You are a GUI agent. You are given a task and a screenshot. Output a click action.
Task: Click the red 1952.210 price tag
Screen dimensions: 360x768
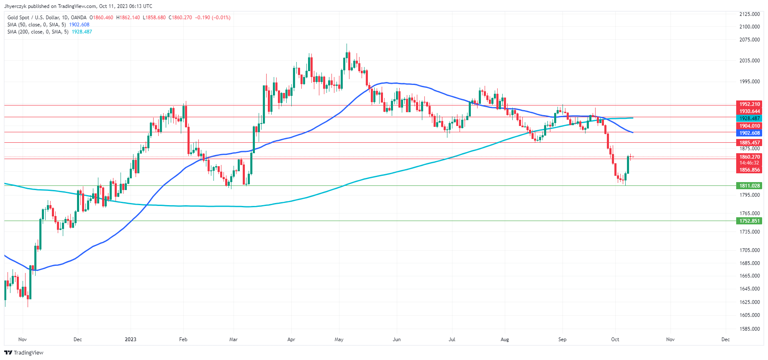point(749,104)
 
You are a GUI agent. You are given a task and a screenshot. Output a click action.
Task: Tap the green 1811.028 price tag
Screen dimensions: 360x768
point(749,186)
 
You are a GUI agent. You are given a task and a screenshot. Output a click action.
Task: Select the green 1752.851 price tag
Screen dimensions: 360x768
point(749,221)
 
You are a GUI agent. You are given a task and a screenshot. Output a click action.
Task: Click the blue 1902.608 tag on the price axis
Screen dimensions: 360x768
point(749,133)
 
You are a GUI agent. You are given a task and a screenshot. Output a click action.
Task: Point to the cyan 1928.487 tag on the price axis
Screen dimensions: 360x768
point(749,118)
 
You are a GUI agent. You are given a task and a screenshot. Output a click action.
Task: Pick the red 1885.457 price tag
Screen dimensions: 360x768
point(749,143)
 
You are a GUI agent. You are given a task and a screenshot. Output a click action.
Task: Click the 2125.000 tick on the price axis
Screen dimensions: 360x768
point(749,14)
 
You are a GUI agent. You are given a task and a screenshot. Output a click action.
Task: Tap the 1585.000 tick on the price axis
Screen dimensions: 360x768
point(749,329)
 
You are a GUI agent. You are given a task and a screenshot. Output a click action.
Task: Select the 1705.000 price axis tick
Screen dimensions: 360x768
point(749,250)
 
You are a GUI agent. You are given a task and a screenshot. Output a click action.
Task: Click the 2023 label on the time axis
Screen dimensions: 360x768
point(131,339)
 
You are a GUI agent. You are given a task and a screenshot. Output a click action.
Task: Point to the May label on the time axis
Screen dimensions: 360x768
point(339,339)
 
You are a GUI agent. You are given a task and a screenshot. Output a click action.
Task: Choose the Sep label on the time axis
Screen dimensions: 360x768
point(562,339)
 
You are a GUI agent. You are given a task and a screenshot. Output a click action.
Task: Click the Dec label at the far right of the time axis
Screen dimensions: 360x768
point(725,339)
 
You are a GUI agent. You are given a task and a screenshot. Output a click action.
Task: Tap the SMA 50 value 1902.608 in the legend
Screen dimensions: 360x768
point(79,25)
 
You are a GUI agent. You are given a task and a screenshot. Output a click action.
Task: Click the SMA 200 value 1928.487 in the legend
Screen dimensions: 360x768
point(82,32)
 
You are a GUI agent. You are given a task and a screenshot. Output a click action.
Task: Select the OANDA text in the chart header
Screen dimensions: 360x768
point(79,18)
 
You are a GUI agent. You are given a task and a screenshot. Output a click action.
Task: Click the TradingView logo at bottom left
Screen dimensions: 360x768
point(24,352)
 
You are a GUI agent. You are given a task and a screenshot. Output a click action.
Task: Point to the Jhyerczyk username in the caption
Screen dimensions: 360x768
point(15,6)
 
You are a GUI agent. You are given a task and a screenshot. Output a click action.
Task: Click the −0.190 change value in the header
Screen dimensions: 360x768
point(203,18)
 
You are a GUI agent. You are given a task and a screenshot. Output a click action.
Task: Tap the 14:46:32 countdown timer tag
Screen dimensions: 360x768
point(749,163)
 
